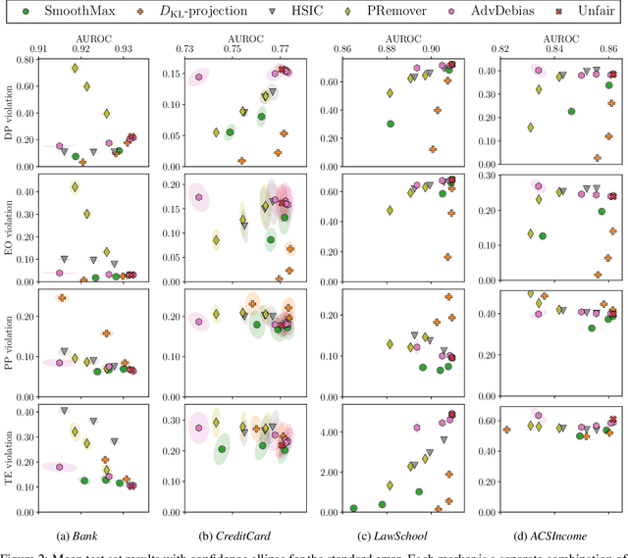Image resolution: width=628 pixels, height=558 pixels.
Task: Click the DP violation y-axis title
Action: (9, 113)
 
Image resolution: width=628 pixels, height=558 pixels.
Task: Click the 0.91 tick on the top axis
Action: (39, 48)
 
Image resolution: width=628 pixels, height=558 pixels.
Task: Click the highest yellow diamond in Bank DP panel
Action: (75, 69)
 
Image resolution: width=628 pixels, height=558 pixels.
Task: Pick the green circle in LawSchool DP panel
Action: (391, 125)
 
